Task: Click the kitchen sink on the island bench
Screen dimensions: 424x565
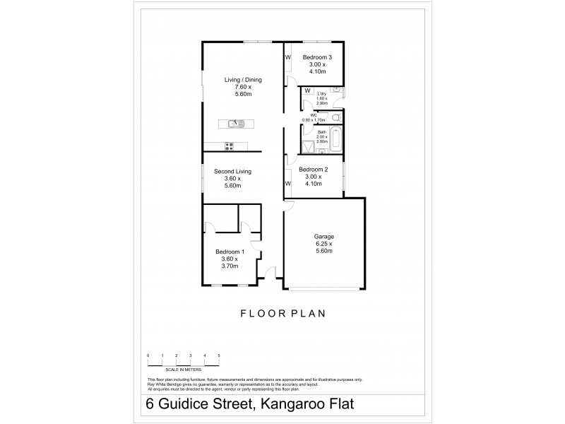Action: [236, 124]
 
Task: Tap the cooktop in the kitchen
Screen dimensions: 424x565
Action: [229, 147]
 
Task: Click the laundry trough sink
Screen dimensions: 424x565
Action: [337, 91]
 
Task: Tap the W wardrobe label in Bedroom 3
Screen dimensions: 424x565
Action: [288, 57]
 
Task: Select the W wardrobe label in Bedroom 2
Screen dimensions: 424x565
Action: [288, 184]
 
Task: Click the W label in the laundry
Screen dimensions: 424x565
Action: [307, 90]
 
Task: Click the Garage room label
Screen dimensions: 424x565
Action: [324, 237]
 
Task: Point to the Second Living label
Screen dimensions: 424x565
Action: [233, 171]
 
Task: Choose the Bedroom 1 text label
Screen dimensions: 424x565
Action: [230, 252]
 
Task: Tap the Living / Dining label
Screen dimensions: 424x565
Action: [243, 80]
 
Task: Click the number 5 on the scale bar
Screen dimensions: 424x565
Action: [219, 355]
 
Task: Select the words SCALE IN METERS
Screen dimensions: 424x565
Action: [183, 370]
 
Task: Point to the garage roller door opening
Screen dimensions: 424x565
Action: [324, 288]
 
